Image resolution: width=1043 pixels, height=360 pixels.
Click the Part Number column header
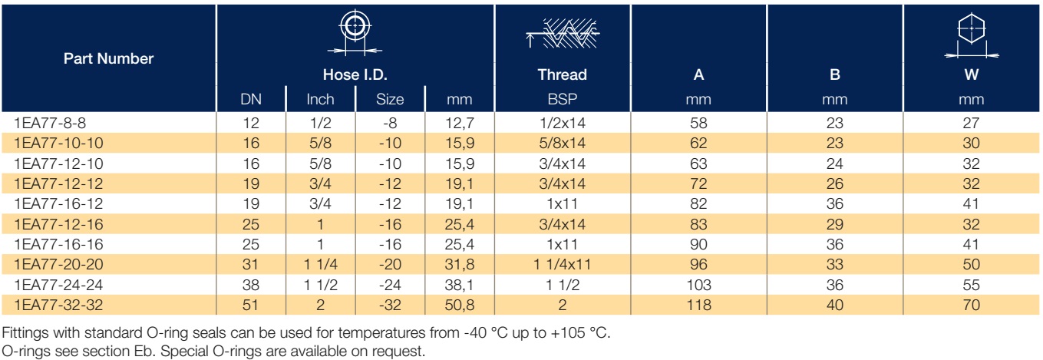(108, 58)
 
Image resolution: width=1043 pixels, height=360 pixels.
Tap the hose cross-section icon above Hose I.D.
(355, 32)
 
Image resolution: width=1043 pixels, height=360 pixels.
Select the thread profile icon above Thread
(563, 34)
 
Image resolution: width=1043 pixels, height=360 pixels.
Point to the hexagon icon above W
(972, 36)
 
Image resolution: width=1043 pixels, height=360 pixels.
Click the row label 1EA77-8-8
(50, 123)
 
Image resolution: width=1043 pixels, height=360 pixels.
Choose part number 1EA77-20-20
(58, 264)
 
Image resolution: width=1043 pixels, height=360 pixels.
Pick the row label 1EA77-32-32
(58, 305)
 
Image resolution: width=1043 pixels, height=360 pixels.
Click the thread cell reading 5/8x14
(563, 143)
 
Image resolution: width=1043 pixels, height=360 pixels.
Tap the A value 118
(698, 305)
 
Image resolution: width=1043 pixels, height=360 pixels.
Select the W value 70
(972, 305)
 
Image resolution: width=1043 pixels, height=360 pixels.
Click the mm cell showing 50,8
(460, 305)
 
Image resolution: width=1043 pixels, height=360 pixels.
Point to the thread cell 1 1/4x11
(563, 264)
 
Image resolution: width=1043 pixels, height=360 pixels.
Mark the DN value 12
(251, 123)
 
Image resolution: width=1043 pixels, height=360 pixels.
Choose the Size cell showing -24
(390, 285)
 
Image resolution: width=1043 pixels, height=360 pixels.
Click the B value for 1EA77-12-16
(835, 224)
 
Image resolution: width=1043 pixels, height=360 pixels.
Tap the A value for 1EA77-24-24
(698, 285)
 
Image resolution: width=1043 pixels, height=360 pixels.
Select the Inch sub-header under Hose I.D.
(320, 99)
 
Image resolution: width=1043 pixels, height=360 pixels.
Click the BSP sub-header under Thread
(563, 99)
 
